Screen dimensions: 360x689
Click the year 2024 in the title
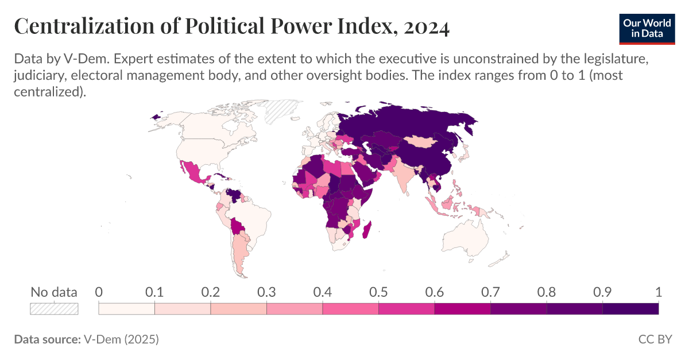(x=425, y=27)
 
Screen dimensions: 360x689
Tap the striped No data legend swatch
(x=54, y=309)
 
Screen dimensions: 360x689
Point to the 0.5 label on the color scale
(x=378, y=292)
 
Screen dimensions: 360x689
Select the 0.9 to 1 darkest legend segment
(x=630, y=309)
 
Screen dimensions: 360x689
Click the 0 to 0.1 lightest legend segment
(x=127, y=309)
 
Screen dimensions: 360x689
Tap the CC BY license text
(x=655, y=339)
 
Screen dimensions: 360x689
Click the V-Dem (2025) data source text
(x=121, y=339)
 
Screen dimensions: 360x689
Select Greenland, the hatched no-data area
(x=282, y=111)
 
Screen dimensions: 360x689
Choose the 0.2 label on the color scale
(x=211, y=292)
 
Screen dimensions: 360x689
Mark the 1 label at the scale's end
(x=658, y=292)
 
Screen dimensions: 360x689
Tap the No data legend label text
(x=54, y=292)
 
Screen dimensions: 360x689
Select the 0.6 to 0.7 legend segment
(x=462, y=309)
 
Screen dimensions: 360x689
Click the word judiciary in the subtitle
(x=42, y=76)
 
